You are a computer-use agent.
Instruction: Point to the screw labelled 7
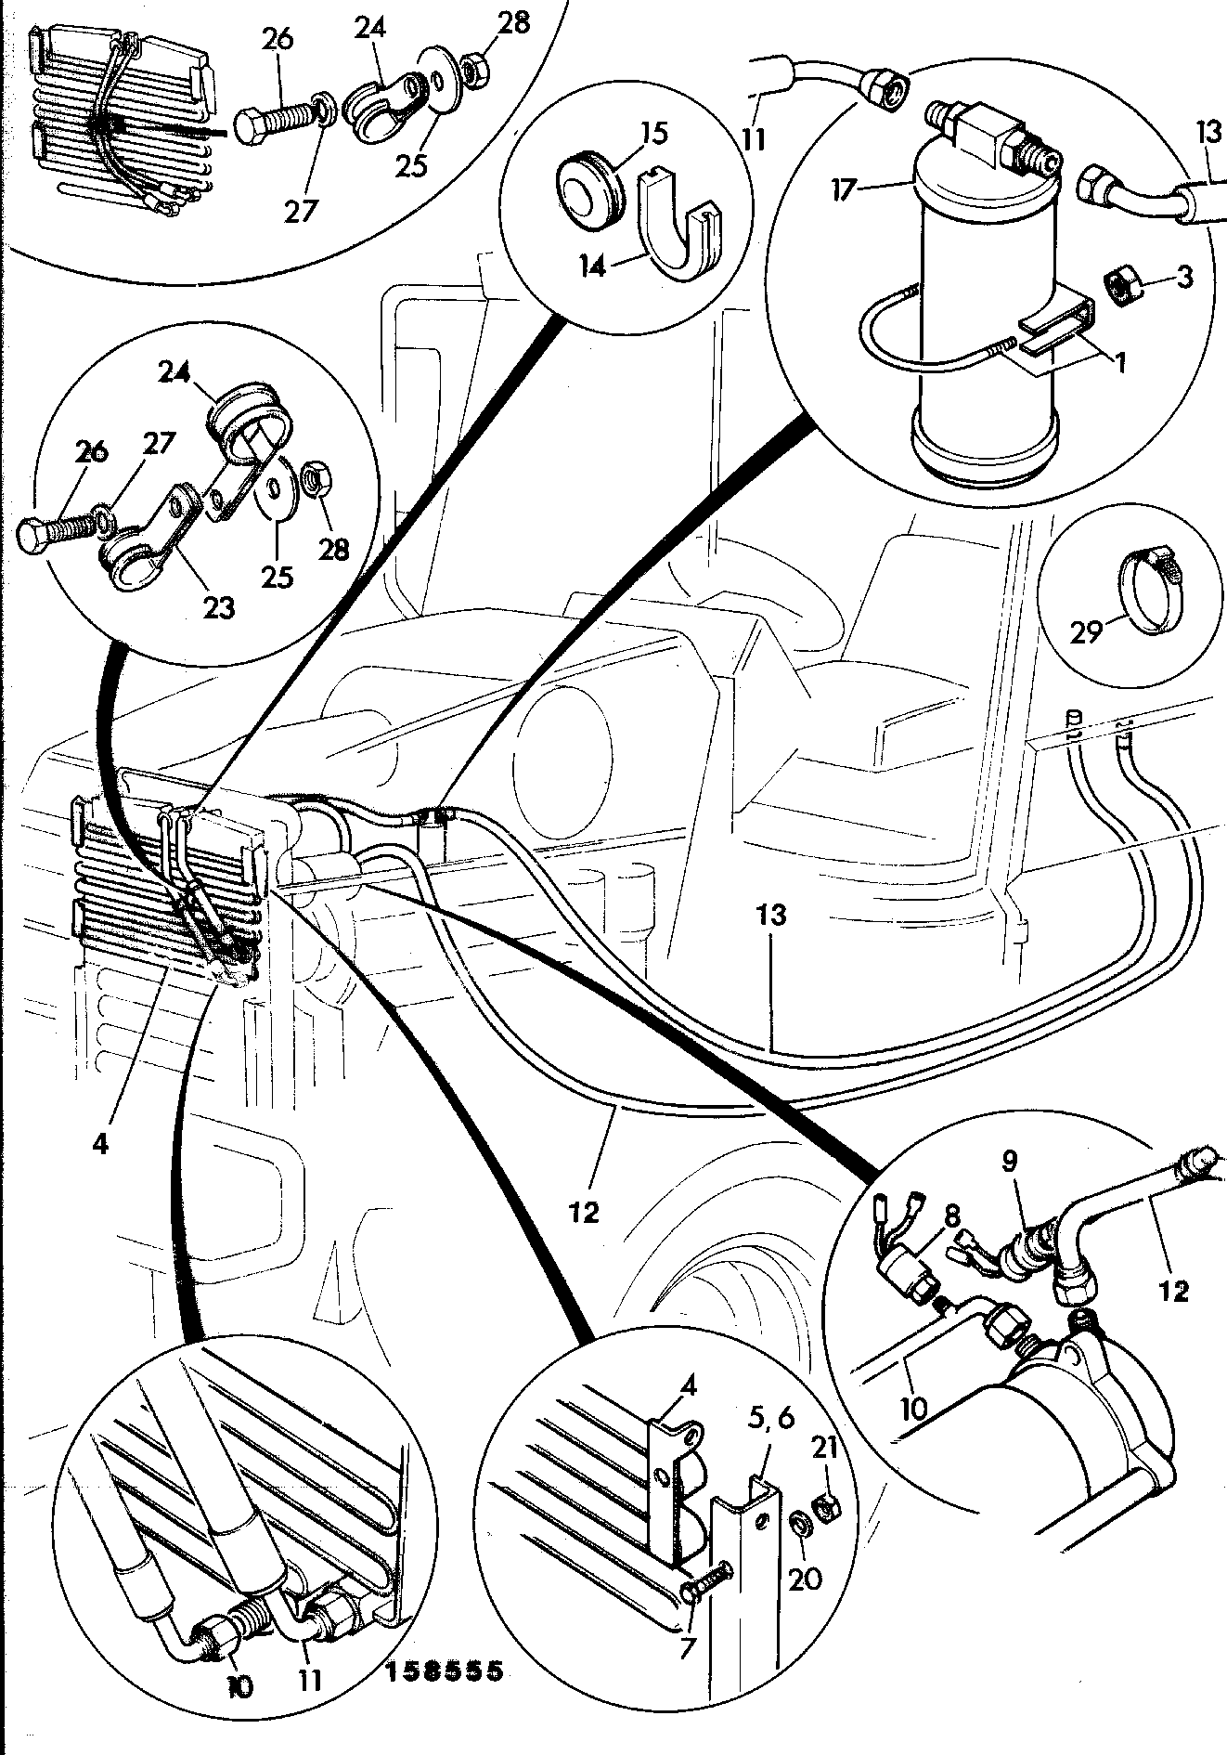click(709, 1589)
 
